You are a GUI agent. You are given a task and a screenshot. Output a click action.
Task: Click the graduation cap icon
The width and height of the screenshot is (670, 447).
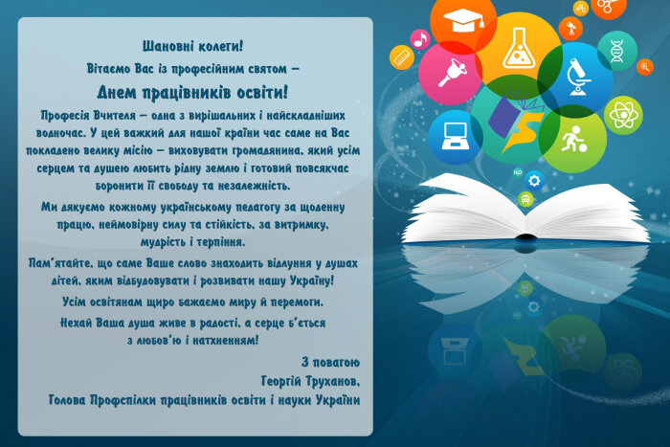click(x=463, y=20)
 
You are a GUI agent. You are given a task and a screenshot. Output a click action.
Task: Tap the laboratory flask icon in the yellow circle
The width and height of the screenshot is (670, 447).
click(x=519, y=48)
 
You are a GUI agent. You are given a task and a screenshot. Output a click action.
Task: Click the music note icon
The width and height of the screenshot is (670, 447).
click(x=420, y=39)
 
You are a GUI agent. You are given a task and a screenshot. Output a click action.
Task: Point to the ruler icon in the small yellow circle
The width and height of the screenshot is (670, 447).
click(x=402, y=57)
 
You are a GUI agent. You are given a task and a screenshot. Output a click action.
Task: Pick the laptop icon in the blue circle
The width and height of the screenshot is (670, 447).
click(x=456, y=136)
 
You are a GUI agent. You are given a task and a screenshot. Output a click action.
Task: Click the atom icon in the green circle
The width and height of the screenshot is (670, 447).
click(x=623, y=115)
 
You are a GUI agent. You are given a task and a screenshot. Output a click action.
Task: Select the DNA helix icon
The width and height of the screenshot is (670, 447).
click(x=616, y=51)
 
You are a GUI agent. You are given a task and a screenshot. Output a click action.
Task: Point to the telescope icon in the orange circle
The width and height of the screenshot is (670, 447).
click(x=571, y=29)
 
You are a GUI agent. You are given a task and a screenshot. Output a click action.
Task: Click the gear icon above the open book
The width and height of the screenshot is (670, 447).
click(x=534, y=181)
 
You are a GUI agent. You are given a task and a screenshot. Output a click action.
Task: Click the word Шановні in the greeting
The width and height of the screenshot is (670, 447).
click(x=165, y=46)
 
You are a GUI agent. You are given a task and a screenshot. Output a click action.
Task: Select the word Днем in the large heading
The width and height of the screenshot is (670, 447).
click(x=117, y=92)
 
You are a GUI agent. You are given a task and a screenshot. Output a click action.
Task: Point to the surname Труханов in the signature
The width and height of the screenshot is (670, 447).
click(x=333, y=381)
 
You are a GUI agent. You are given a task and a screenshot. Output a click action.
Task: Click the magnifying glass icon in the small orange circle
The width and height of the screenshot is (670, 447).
click(x=645, y=67)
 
